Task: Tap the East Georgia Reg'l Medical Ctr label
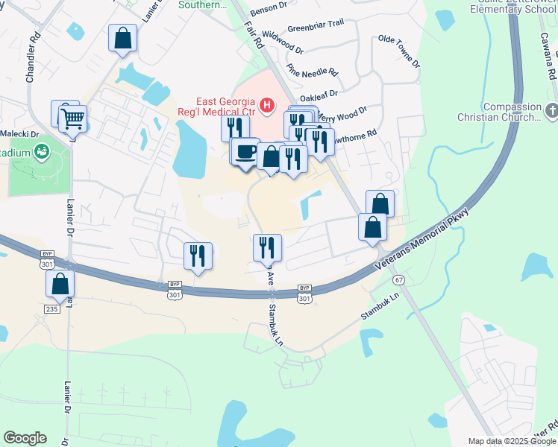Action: [226, 107]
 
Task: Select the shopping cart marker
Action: [72, 118]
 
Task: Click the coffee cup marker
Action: [245, 152]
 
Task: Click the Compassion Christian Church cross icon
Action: [551, 112]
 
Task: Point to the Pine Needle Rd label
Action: [312, 74]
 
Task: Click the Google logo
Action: [25, 438]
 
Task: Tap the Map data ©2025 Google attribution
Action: [512, 441]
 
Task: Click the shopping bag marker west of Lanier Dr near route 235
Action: [60, 285]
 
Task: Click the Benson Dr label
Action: [269, 6]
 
